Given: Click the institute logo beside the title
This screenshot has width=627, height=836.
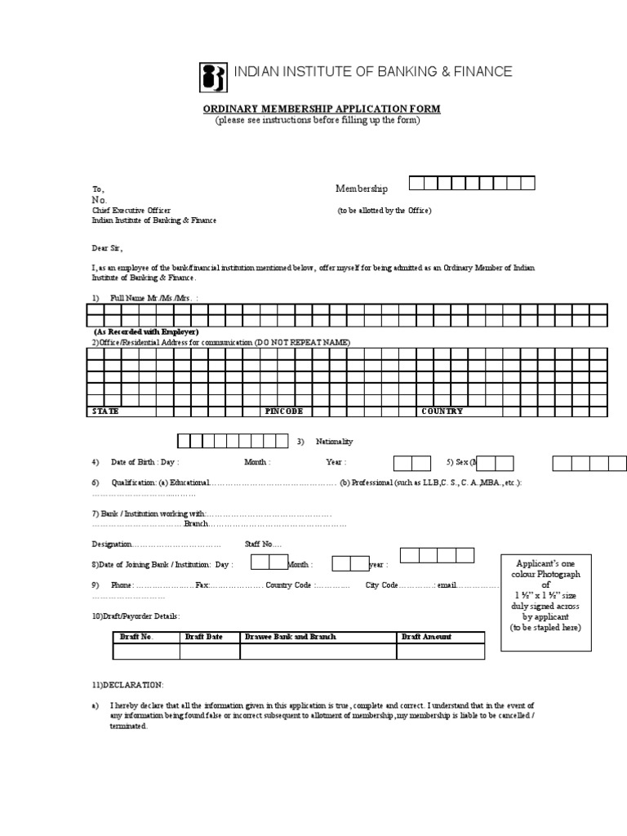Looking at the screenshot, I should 214,77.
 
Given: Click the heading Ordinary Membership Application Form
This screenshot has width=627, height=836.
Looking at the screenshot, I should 322,109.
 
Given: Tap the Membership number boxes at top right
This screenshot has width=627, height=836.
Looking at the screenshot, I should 471,183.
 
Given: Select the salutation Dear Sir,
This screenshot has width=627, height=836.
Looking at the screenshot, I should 108,247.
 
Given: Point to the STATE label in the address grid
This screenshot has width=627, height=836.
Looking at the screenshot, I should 105,411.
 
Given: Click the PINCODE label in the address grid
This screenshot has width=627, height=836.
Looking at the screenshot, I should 284,411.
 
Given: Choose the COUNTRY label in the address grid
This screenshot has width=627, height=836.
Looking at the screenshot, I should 442,411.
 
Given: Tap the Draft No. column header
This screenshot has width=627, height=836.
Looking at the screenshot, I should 136,637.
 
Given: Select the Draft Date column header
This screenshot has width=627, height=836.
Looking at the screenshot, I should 204,637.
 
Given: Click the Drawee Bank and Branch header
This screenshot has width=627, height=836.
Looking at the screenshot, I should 290,637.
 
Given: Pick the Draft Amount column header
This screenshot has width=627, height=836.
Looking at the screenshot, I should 426,637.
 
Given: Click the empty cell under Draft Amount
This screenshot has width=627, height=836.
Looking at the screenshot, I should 440,651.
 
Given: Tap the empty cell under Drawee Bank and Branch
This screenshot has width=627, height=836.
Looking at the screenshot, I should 318,651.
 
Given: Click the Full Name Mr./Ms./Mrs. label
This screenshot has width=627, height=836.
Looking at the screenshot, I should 153,298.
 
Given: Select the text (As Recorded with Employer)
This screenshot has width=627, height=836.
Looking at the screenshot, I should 145,333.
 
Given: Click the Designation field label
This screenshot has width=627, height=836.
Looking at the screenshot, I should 112,544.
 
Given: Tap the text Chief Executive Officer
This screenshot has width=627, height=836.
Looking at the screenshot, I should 131,210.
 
